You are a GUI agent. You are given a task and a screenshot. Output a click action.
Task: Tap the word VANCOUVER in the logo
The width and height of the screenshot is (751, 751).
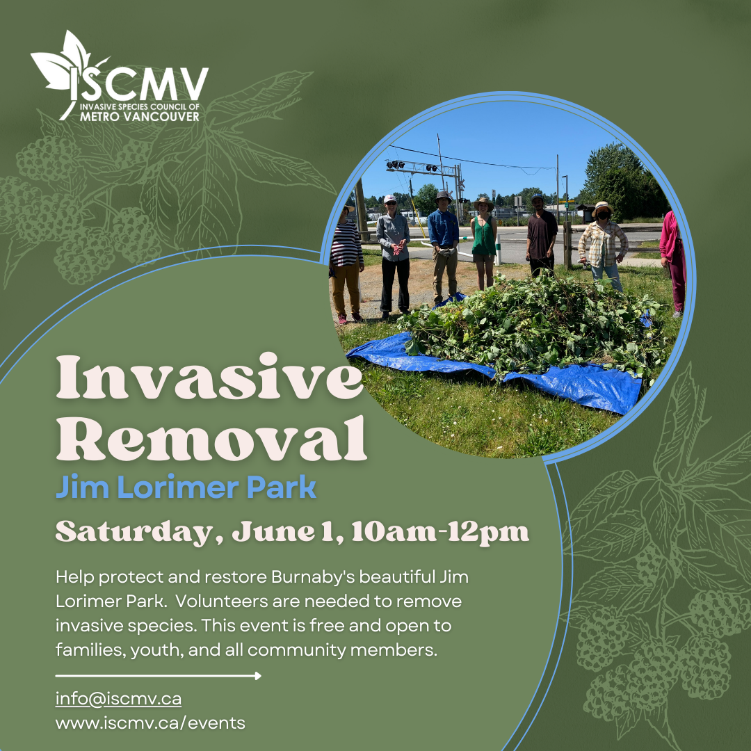159,116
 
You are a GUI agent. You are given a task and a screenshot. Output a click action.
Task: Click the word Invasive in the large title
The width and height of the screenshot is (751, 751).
210,377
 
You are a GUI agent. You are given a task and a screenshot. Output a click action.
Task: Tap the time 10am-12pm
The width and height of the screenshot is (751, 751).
440,532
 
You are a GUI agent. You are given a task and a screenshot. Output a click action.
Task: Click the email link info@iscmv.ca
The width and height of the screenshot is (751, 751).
118,699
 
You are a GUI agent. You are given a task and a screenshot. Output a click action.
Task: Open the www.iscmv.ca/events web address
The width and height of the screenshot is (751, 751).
150,723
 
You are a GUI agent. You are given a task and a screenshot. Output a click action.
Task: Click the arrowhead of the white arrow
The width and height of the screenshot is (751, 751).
258,676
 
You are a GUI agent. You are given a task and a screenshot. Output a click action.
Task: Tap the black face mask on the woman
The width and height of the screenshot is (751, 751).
602,215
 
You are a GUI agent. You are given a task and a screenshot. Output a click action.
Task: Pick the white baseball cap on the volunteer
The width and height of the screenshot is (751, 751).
390,199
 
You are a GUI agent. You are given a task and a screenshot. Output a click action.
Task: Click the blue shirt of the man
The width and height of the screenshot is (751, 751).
443,229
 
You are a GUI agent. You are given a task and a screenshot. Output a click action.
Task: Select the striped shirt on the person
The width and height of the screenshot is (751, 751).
346,244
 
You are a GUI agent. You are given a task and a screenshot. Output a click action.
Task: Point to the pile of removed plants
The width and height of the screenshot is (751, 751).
532,325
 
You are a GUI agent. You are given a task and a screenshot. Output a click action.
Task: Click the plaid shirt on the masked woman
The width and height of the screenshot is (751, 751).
603,243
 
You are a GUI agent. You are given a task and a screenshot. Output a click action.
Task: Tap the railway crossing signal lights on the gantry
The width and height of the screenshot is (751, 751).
412,166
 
